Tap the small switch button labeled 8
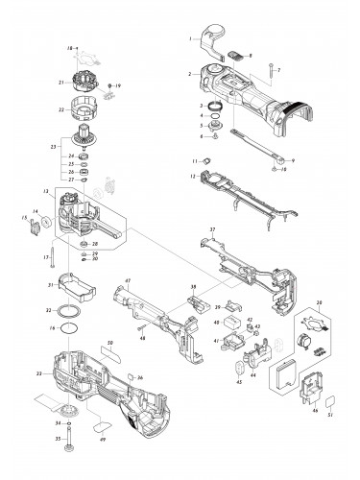[240, 59]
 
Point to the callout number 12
[193, 176]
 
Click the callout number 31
[50, 285]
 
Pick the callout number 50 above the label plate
[110, 343]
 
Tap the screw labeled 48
[141, 324]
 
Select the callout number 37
[213, 231]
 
